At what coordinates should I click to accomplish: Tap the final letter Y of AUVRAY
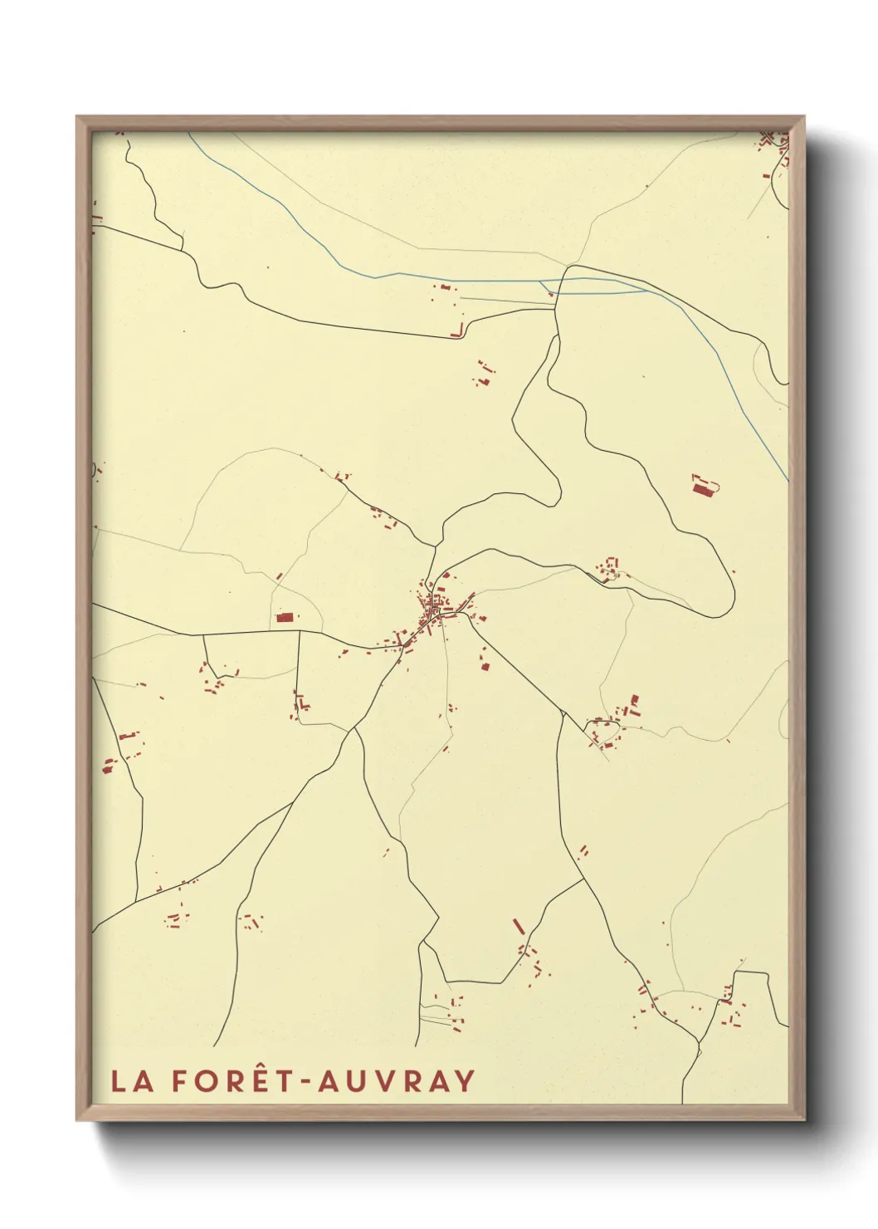pos(465,1081)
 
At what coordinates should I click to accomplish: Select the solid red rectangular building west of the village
pos(285,618)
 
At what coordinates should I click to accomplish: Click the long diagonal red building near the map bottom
pos(519,926)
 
